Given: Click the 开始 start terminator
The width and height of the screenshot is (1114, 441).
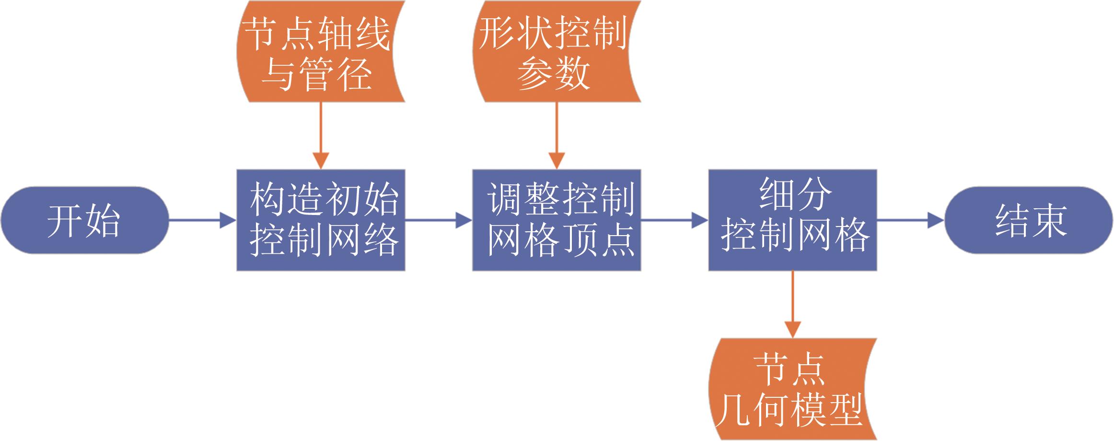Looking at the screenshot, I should (84, 220).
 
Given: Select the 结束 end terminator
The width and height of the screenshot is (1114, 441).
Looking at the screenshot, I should (1029, 220).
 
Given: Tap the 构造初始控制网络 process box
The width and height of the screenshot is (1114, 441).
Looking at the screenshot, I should (321, 220).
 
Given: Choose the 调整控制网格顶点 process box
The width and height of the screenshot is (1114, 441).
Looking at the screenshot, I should (557, 220).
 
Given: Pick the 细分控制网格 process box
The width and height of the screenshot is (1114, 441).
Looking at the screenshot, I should (792, 220).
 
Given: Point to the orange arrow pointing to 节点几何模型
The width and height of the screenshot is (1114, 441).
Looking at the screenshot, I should (792, 304).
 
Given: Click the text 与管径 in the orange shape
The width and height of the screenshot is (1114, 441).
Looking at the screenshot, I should (317, 74).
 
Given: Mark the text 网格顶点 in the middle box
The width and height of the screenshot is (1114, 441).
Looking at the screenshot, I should (561, 239).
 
